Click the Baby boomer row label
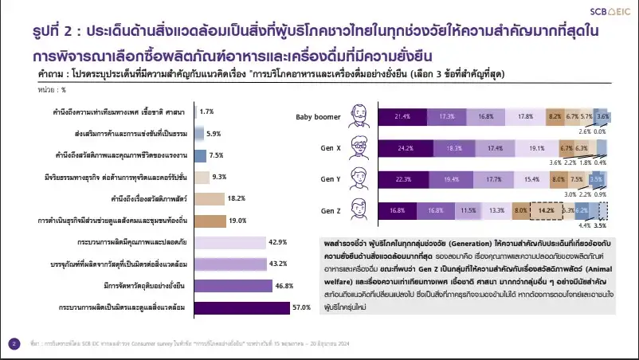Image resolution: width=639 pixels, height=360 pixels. (x=318, y=116)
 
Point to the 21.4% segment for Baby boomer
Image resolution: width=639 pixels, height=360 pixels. (x=402, y=116)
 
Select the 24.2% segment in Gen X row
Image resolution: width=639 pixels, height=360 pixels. (x=406, y=148)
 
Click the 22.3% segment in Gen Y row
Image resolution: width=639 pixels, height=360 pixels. (x=404, y=179)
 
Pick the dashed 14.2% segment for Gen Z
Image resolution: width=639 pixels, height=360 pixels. (x=546, y=211)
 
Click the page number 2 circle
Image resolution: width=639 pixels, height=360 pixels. (x=14, y=344)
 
